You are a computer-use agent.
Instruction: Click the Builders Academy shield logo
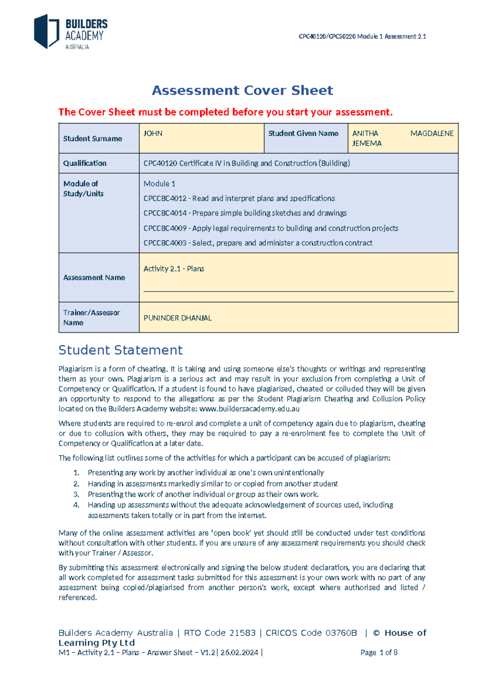[46, 32]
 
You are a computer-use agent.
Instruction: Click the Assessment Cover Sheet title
[242, 90]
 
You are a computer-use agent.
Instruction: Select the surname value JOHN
[153, 134]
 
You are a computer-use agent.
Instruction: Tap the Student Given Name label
[303, 134]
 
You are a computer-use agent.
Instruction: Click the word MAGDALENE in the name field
[432, 134]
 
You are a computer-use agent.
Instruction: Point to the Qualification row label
[85, 163]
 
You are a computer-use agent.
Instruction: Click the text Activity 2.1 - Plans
[174, 269]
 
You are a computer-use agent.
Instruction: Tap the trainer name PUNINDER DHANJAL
[177, 318]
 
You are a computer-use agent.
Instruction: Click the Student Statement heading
[120, 350]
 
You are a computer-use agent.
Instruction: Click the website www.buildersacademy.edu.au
[249, 409]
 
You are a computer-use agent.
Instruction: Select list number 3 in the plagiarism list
[76, 494]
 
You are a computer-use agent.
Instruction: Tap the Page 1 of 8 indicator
[379, 652]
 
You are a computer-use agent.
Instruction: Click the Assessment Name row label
[94, 277]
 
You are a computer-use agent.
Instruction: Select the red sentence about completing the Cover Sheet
[225, 112]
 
